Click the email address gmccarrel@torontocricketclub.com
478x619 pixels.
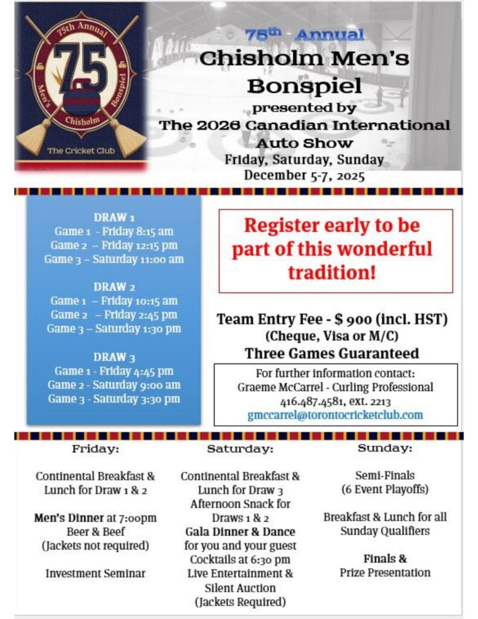coord(335,415)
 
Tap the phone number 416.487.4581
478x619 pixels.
coord(308,401)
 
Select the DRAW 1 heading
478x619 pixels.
coord(114,217)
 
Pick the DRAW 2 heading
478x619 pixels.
coord(114,287)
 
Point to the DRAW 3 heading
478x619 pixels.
coord(114,357)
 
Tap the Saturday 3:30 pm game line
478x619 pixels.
coord(114,399)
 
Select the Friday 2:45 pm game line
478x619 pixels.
coord(114,315)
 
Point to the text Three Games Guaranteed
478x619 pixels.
coord(332,353)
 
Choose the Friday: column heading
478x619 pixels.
coord(95,449)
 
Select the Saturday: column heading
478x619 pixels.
coord(240,450)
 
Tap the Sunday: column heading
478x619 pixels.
coord(384,449)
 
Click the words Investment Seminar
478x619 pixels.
coord(95,573)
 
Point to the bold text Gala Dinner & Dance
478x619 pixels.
coord(240,532)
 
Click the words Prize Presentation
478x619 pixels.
coord(384,572)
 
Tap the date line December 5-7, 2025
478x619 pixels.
coord(304,175)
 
